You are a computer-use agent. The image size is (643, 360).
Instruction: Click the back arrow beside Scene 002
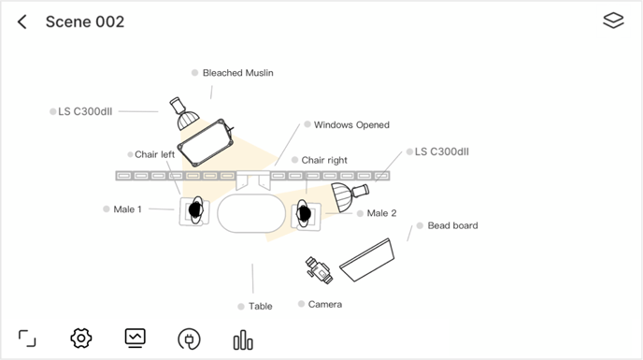[x=22, y=22]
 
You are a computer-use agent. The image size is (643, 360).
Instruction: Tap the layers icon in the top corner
[x=613, y=21]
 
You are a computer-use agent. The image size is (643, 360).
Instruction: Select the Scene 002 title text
[x=85, y=22]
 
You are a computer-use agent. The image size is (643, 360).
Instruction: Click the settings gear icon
[x=81, y=338]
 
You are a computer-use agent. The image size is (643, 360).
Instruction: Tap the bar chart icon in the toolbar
[x=243, y=339]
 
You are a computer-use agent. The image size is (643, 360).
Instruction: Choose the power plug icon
[x=189, y=339]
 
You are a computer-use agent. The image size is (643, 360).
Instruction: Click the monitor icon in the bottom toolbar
[x=135, y=338]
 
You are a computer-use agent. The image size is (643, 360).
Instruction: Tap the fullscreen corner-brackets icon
[x=27, y=338]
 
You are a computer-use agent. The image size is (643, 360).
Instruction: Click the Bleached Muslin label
[x=237, y=73]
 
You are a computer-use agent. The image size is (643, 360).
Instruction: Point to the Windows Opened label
[x=351, y=124]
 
